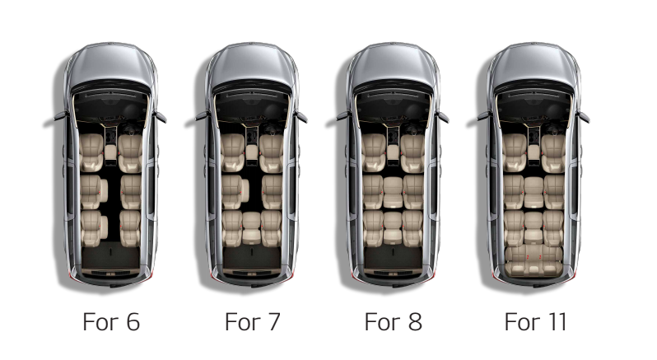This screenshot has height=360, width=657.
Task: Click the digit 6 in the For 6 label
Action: (133, 322)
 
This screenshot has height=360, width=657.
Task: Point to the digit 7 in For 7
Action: (273, 322)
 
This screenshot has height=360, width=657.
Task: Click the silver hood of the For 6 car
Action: (110, 63)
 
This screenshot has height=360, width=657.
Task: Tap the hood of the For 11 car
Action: (534, 63)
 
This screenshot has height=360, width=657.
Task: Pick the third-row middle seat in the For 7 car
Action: (251, 228)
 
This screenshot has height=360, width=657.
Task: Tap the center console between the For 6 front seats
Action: (110, 152)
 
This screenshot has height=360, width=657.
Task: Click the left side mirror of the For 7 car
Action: (202, 117)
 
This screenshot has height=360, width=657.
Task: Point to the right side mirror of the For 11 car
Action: (582, 117)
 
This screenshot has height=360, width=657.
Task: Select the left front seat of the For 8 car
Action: (374, 152)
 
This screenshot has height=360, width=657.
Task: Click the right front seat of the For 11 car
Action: (553, 153)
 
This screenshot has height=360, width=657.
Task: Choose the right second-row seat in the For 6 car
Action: (131, 192)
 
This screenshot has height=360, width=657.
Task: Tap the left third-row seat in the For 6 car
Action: (93, 227)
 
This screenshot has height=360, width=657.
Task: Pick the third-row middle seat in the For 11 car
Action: (534, 227)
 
